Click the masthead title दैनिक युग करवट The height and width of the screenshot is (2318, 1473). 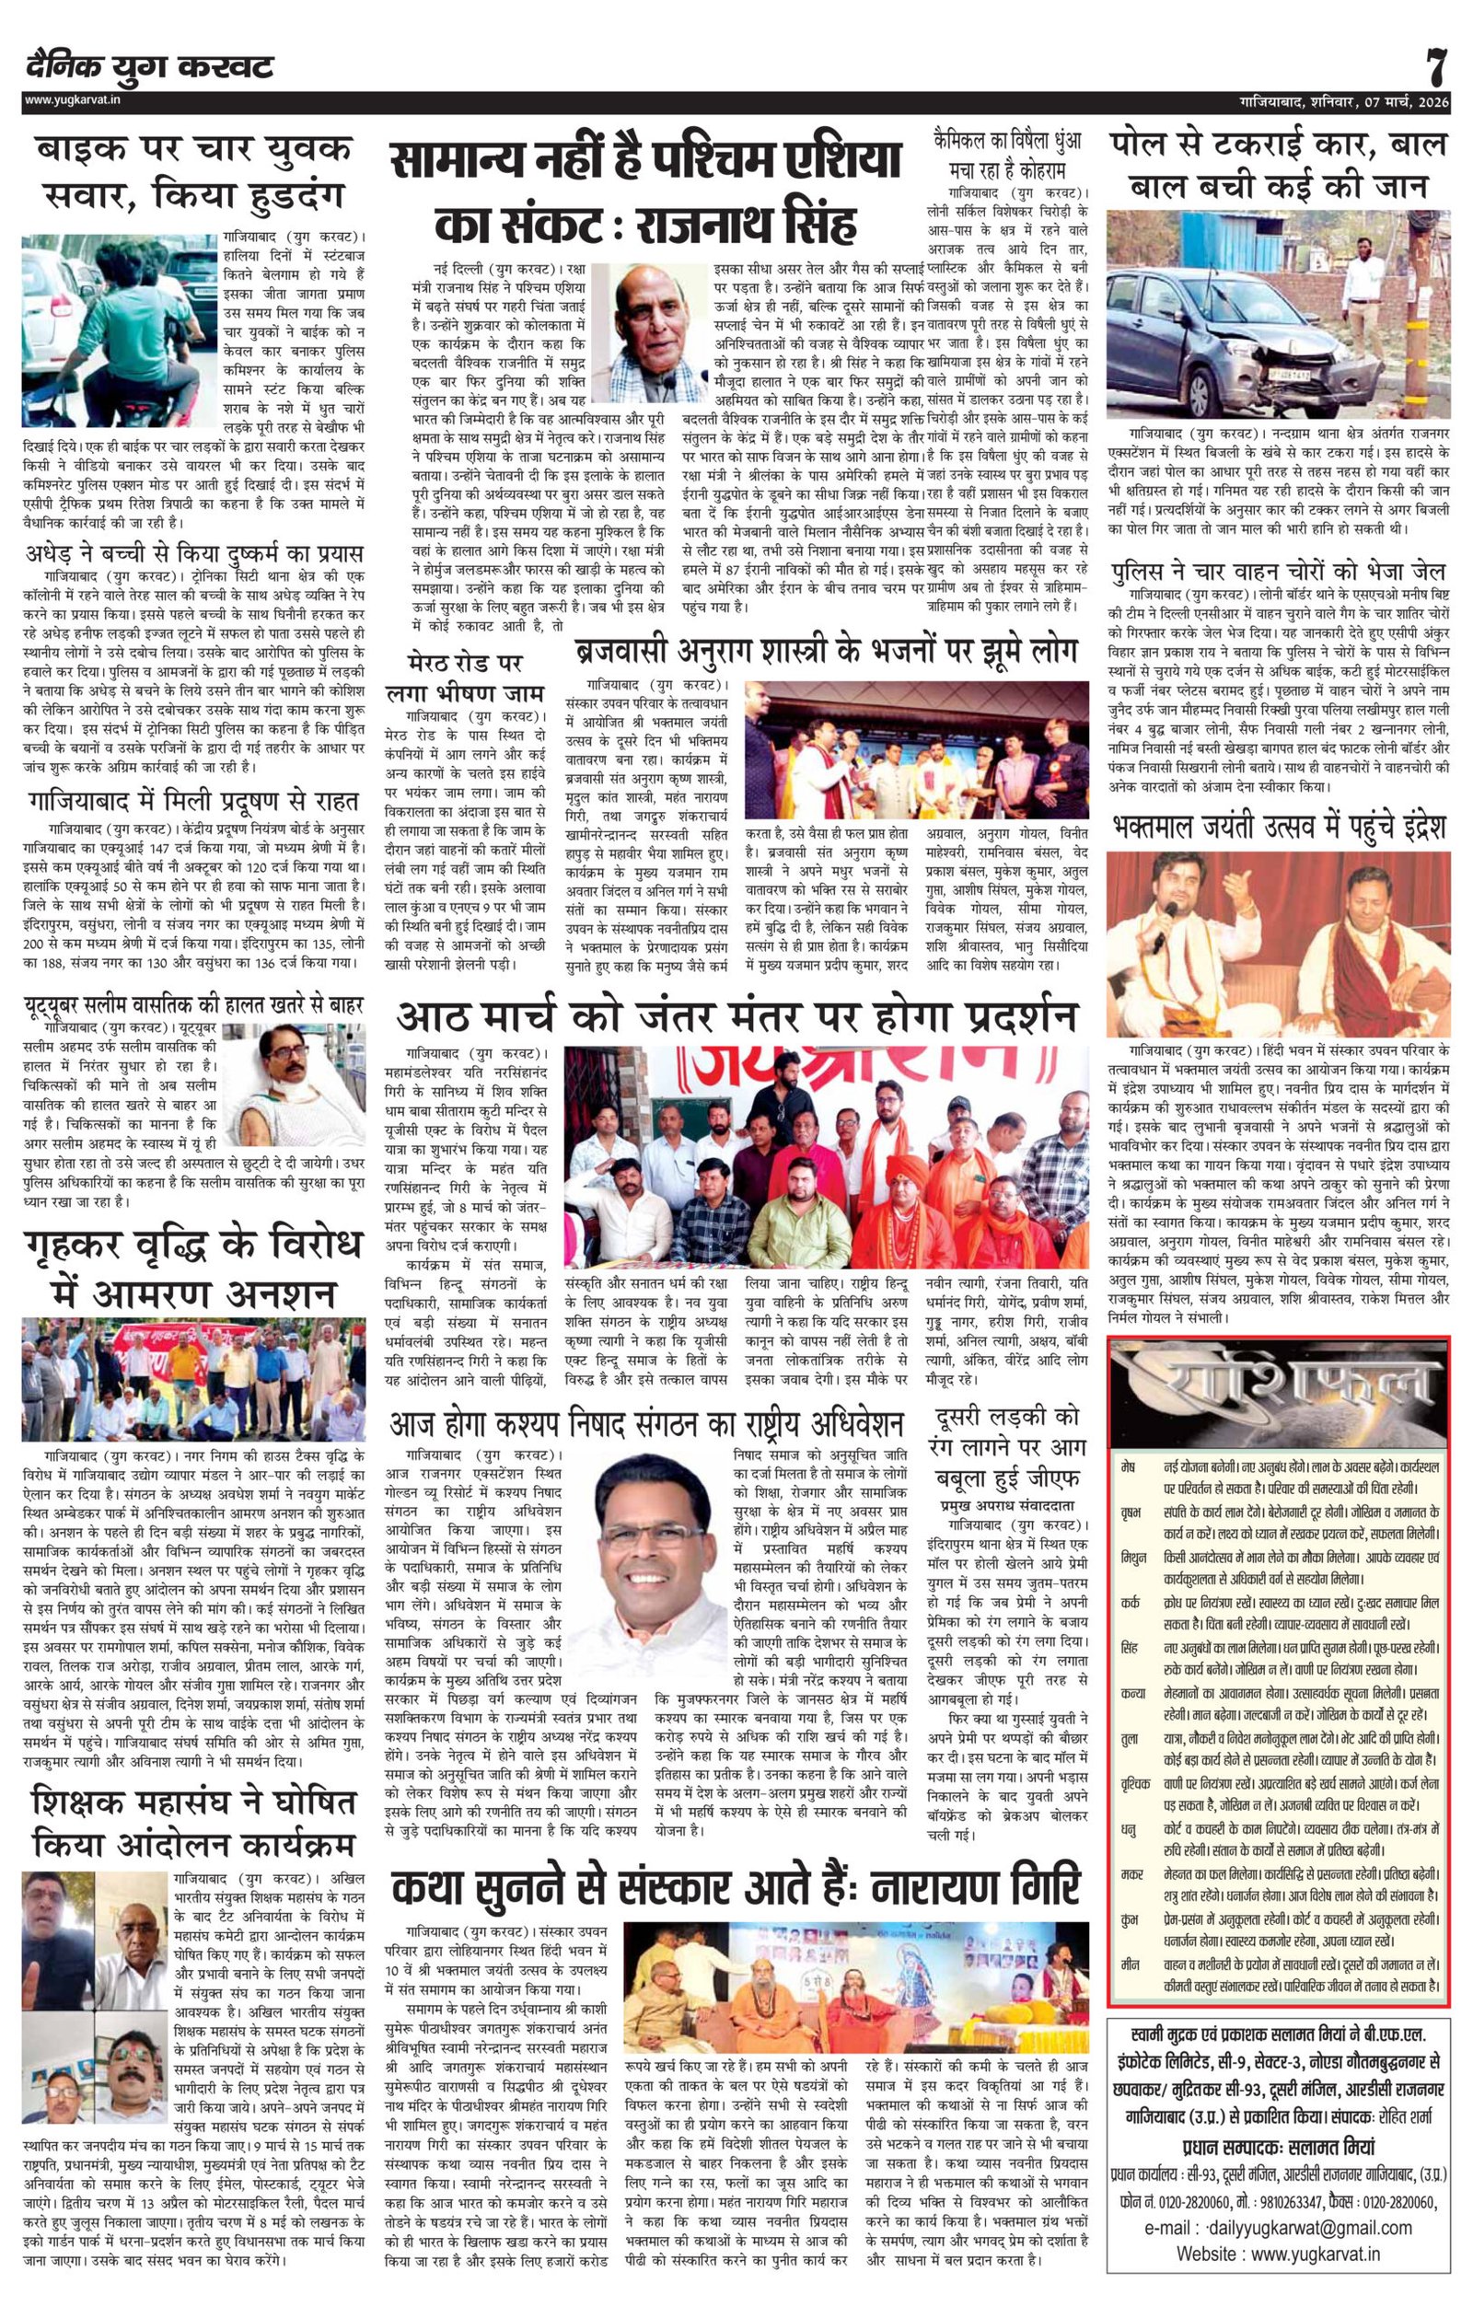click(x=150, y=67)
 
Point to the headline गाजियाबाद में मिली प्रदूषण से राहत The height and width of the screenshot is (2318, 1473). click(x=193, y=800)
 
